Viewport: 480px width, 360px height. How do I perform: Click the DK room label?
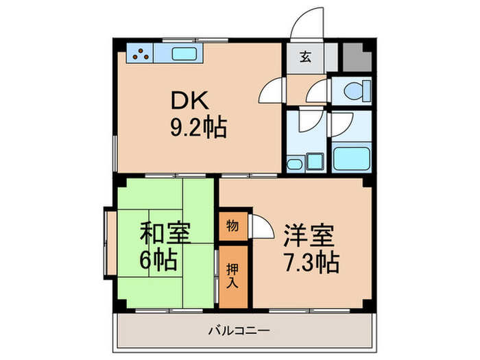(x=187, y=101)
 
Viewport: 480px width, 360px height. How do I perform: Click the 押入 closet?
(x=232, y=276)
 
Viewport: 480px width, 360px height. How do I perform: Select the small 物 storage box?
(x=232, y=226)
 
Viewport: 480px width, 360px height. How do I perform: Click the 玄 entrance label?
(x=304, y=57)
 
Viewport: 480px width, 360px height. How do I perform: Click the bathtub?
(x=352, y=158)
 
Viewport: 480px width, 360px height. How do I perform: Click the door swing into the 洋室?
(x=261, y=226)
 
